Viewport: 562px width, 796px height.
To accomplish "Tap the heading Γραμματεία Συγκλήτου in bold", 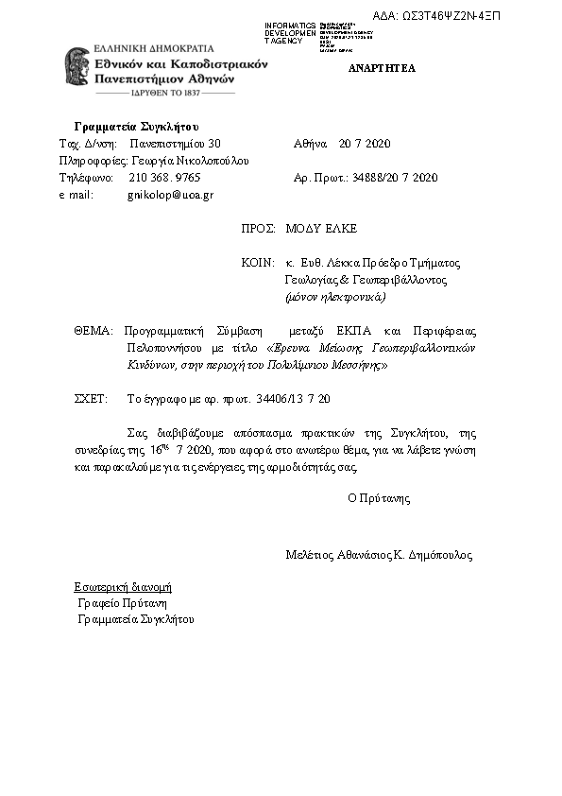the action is pos(136,127).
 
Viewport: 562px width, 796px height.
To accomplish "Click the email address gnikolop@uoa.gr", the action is pos(171,195).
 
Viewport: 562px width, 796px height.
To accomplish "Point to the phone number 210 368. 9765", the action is pos(164,177).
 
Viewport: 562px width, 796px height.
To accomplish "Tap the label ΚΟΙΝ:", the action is pos(258,263).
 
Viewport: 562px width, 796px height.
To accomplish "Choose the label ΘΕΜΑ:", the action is pos(93,331).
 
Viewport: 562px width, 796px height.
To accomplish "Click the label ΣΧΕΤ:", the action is pos(91,399).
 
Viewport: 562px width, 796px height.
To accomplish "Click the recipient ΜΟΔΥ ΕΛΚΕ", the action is pos(321,229).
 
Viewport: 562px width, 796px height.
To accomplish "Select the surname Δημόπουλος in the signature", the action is pos(440,556).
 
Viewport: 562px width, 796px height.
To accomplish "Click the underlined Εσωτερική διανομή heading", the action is pos(123,586).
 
